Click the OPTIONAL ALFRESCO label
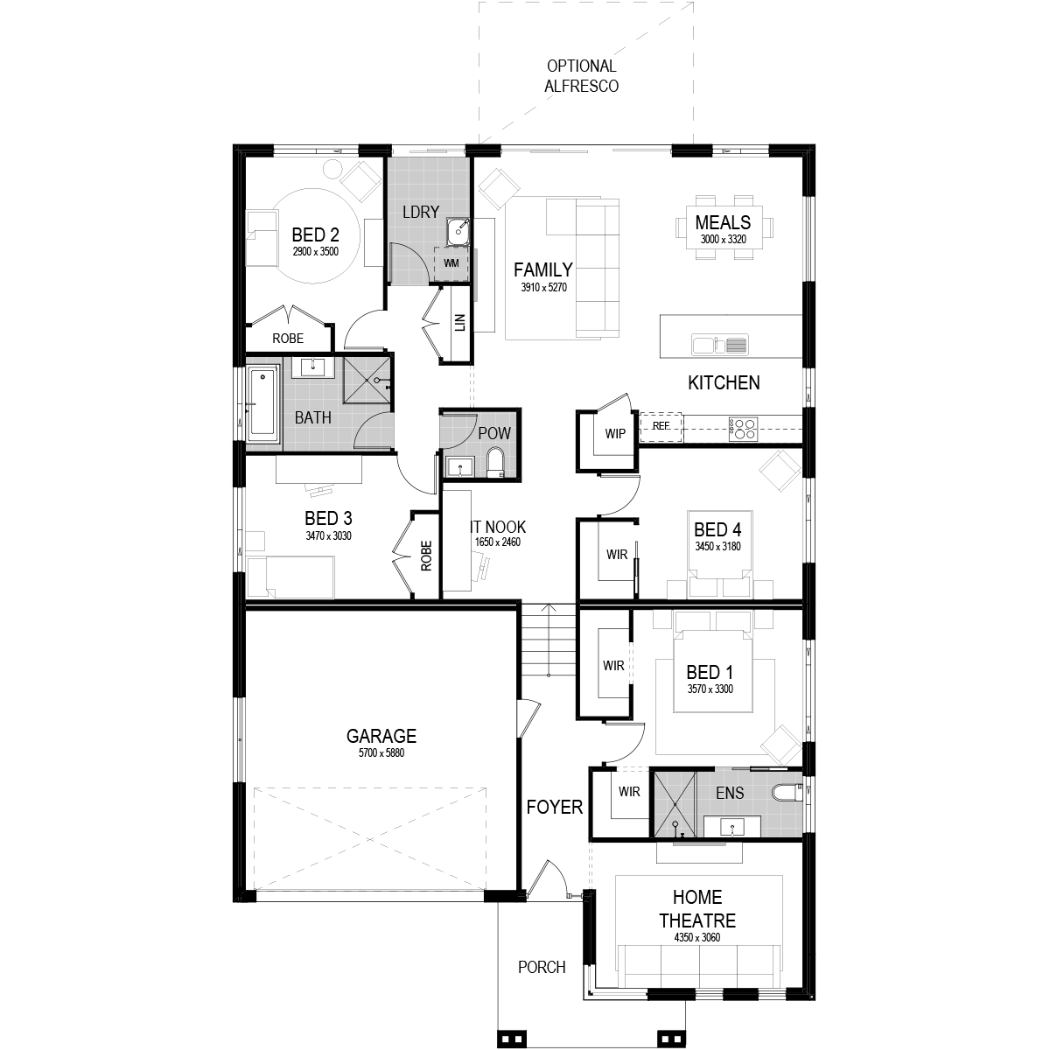pyautogui.click(x=581, y=76)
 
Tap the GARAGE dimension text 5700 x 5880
pyautogui.click(x=381, y=752)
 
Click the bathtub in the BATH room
pyautogui.click(x=262, y=403)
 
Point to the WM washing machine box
pyautogui.click(x=451, y=263)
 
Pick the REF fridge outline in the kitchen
pyautogui.click(x=661, y=427)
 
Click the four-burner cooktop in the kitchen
pyautogui.click(x=743, y=429)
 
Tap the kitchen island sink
pyautogui.click(x=720, y=345)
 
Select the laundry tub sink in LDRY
pyautogui.click(x=457, y=231)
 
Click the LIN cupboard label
pyautogui.click(x=460, y=322)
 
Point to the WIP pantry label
pyautogui.click(x=615, y=434)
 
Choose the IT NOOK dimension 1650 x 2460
pyautogui.click(x=498, y=542)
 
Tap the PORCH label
pyautogui.click(x=542, y=967)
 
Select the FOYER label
pyautogui.click(x=554, y=807)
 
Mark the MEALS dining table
pyautogui.click(x=724, y=227)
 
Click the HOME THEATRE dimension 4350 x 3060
pyautogui.click(x=696, y=937)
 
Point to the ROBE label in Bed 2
pyautogui.click(x=288, y=339)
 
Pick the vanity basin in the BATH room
pyautogui.click(x=312, y=367)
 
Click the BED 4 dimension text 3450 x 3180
pyautogui.click(x=717, y=547)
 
